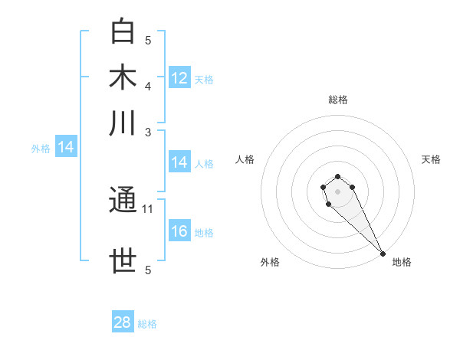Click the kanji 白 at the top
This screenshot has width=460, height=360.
123,32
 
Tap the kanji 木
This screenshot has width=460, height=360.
123,77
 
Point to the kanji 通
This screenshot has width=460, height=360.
123,201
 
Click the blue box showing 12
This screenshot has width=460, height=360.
179,78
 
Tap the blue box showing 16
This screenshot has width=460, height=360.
179,232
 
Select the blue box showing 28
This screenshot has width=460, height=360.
123,322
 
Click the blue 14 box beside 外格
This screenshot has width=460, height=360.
65,148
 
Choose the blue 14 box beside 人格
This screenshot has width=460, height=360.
179,162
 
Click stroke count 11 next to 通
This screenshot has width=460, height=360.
149,208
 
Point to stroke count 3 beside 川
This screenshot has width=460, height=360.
149,132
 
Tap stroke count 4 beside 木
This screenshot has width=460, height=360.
149,86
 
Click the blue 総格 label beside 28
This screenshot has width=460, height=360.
147,324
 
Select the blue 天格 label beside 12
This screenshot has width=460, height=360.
204,80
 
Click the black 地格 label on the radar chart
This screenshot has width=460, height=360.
402,262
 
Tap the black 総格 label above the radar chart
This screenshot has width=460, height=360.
337,100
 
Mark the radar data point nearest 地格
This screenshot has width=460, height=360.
383,254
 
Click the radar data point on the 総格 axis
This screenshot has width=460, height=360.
337,177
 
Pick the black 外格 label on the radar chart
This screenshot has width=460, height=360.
270,262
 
